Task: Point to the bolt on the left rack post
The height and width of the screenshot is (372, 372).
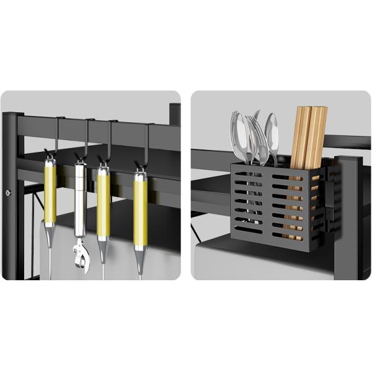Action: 8,193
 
